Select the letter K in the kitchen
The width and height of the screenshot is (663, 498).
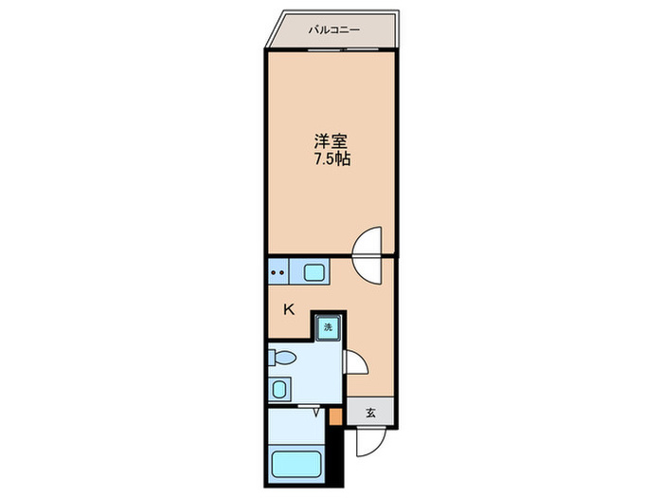(x=290, y=308)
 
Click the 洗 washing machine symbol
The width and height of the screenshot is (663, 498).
(x=329, y=327)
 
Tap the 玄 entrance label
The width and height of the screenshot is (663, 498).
(x=372, y=413)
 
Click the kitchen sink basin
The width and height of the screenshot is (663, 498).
(x=314, y=273)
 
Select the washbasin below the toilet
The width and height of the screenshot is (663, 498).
(x=279, y=388)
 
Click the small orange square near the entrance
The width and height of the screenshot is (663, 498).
(x=334, y=415)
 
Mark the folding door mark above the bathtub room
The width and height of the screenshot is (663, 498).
(x=313, y=410)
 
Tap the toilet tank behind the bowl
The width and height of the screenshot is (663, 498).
(x=273, y=358)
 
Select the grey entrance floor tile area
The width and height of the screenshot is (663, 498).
(x=372, y=413)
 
